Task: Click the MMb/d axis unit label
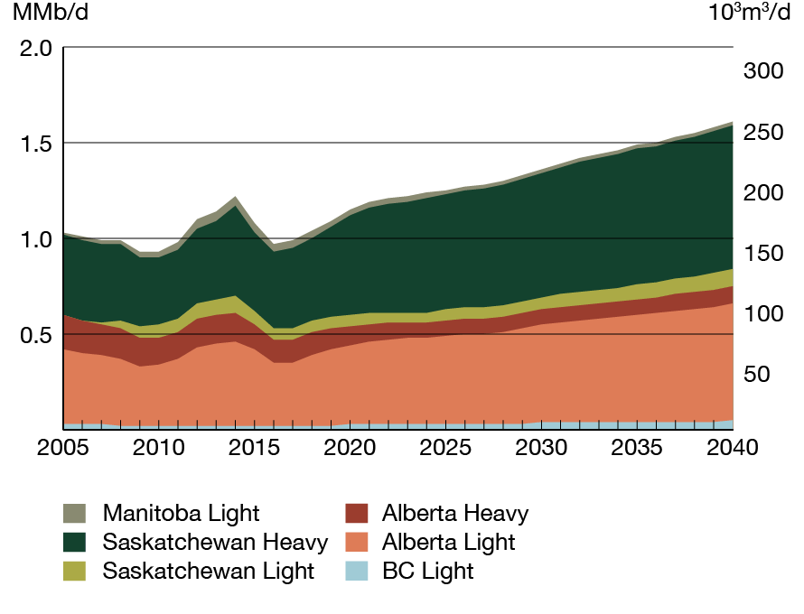(50, 14)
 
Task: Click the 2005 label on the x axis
(63, 449)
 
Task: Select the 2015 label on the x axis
(254, 449)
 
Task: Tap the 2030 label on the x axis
(541, 449)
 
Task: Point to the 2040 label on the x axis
(732, 449)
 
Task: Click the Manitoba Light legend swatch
(75, 514)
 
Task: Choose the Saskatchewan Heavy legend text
(215, 543)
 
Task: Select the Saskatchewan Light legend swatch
(75, 571)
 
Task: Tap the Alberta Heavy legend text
(454, 514)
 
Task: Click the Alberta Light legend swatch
(356, 543)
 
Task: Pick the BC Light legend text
(427, 571)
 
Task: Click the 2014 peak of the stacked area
(235, 197)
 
